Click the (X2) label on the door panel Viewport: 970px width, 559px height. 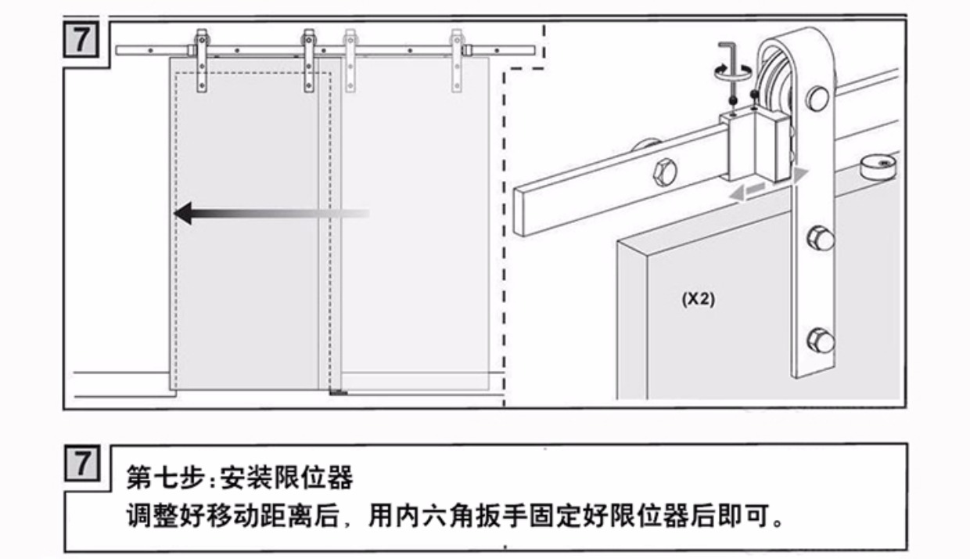pyautogui.click(x=698, y=299)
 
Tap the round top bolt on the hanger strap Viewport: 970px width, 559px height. pyautogui.click(x=818, y=99)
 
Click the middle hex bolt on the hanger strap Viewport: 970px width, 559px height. pyautogui.click(x=819, y=237)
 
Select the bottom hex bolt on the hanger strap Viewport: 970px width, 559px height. pyautogui.click(x=819, y=341)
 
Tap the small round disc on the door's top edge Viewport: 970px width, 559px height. pyautogui.click(x=877, y=165)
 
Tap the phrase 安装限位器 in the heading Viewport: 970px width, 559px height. pyautogui.click(x=287, y=476)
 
